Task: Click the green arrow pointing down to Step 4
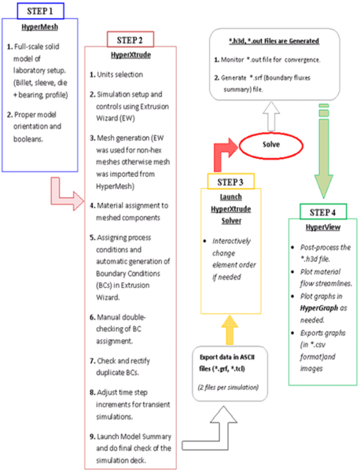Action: pos(322,161)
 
